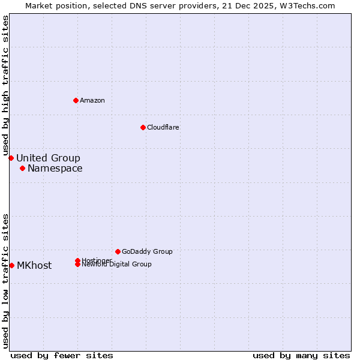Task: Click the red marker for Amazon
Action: pyautogui.click(x=76, y=100)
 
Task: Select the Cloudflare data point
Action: pyautogui.click(x=143, y=127)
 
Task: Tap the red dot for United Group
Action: pyautogui.click(x=11, y=158)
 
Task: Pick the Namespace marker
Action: pyautogui.click(x=22, y=168)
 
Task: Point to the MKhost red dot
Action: pyautogui.click(x=11, y=265)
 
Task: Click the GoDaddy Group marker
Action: pyautogui.click(x=118, y=251)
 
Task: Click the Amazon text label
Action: pyautogui.click(x=92, y=100)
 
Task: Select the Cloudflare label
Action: pyautogui.click(x=163, y=127)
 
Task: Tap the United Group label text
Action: pyautogui.click(x=48, y=158)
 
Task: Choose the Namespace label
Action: pyautogui.click(x=55, y=168)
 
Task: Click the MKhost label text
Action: pyautogui.click(x=34, y=265)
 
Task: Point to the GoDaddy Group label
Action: pyautogui.click(x=147, y=251)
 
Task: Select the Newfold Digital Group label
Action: pyautogui.click(x=116, y=265)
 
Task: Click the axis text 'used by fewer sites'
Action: pyautogui.click(x=62, y=355)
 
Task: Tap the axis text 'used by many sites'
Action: pyautogui.click(x=301, y=355)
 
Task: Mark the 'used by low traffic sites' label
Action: pyautogui.click(x=6, y=280)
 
